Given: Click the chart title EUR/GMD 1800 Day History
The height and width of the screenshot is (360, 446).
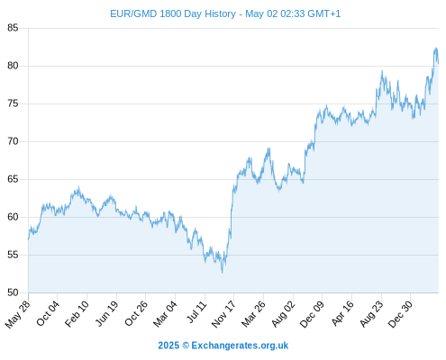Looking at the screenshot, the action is (173, 13).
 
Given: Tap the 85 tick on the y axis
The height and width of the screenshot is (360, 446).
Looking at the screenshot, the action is (13, 28).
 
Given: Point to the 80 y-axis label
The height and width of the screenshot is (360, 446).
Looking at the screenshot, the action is (13, 66).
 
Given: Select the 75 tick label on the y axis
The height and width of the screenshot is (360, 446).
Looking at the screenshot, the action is (13, 103).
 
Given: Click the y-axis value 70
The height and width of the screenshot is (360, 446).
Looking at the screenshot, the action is (13, 141).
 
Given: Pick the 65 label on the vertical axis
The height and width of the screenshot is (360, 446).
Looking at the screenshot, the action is (13, 179).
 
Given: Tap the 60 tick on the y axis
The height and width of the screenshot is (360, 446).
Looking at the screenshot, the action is (13, 217).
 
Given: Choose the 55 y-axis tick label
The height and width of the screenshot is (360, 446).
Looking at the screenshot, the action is (13, 255).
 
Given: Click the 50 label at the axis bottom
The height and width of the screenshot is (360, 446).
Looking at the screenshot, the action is (13, 292).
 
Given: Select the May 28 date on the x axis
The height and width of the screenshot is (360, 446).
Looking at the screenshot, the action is (18, 314).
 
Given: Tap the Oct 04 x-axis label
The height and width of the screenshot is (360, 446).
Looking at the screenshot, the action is (48, 313).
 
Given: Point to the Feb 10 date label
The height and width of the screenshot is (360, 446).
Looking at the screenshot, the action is (77, 313).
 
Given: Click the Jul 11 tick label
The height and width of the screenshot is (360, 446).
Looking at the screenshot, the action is (196, 312).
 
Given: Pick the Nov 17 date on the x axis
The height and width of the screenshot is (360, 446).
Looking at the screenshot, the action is (223, 314).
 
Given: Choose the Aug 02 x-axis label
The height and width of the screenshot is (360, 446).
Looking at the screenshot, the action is (284, 314).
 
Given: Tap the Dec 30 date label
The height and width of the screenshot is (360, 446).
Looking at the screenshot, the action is (401, 314).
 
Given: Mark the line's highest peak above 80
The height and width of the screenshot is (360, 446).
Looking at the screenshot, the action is (436, 48).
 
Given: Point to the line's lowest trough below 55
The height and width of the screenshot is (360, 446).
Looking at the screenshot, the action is (223, 273).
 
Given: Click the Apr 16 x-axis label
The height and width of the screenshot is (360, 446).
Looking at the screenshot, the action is (342, 313).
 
